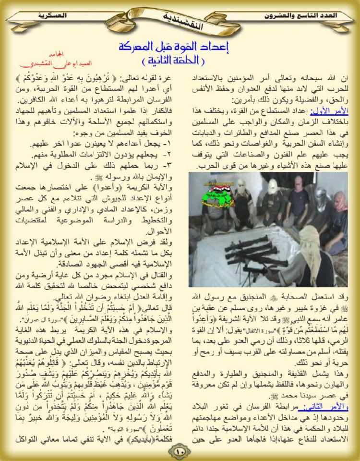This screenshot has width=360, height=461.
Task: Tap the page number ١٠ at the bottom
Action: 180,451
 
